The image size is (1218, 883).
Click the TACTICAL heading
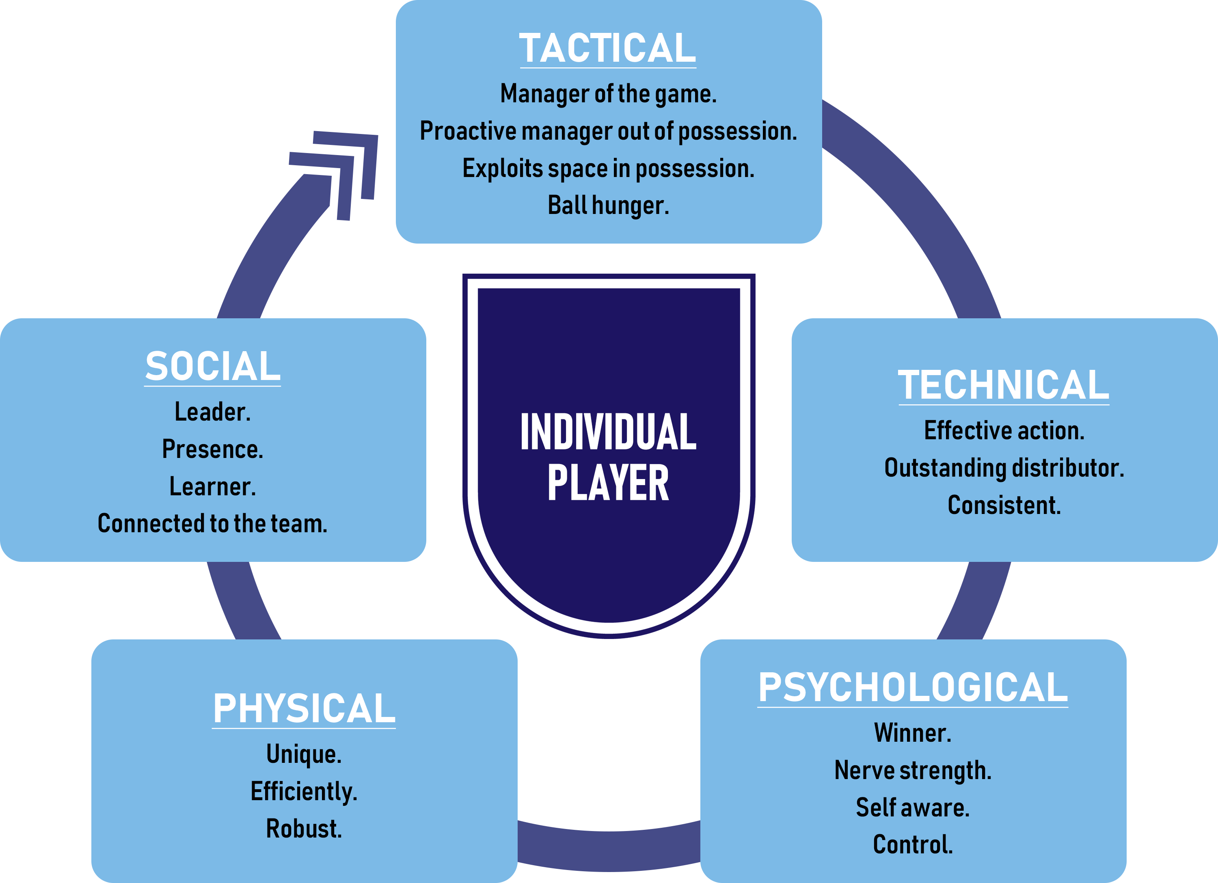607,48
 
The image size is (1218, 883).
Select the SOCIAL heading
213,367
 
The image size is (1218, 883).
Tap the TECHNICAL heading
1003,385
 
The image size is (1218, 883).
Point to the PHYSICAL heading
304,708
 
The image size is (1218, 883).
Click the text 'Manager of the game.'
608,94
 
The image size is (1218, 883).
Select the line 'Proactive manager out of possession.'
608,132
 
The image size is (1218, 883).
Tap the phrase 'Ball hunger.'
608,205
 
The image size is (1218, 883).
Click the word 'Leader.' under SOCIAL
213,412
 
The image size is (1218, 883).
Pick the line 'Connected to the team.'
213,524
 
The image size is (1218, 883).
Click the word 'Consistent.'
1004,505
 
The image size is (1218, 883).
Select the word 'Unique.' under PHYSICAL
304,754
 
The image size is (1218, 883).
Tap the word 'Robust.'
304,829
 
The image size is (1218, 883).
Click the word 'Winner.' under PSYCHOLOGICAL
912,733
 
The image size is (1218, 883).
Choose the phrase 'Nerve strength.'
912,771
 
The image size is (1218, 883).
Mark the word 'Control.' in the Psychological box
912,845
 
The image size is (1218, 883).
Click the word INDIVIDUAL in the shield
608,432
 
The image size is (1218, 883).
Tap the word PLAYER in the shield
608,484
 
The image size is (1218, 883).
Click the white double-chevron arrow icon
338,172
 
